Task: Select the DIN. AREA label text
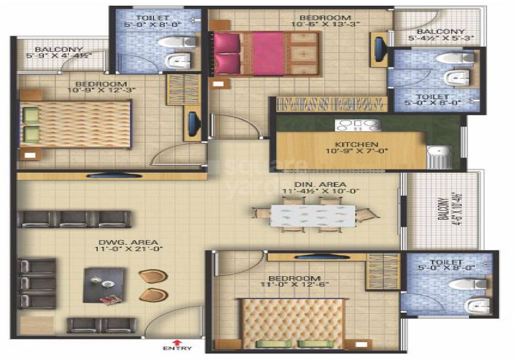(327, 184)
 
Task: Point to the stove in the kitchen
(358, 124)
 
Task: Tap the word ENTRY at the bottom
(178, 349)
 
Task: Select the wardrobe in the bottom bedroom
(382, 272)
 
